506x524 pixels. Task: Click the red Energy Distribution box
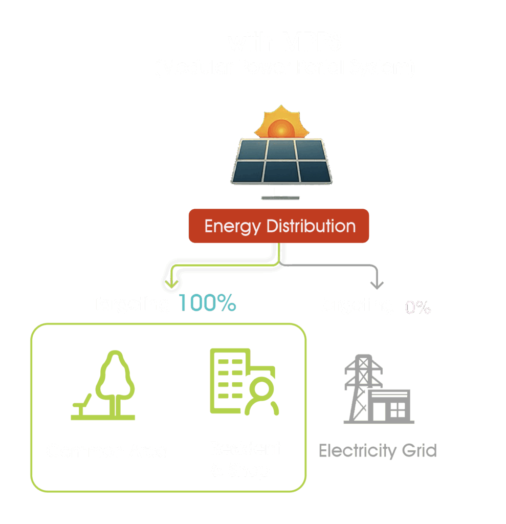click(279, 226)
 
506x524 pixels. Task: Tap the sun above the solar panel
click(279, 123)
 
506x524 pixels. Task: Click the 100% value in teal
click(207, 304)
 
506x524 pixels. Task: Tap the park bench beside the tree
click(82, 404)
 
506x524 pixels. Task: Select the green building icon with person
click(244, 382)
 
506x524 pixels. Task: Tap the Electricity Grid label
click(378, 451)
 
